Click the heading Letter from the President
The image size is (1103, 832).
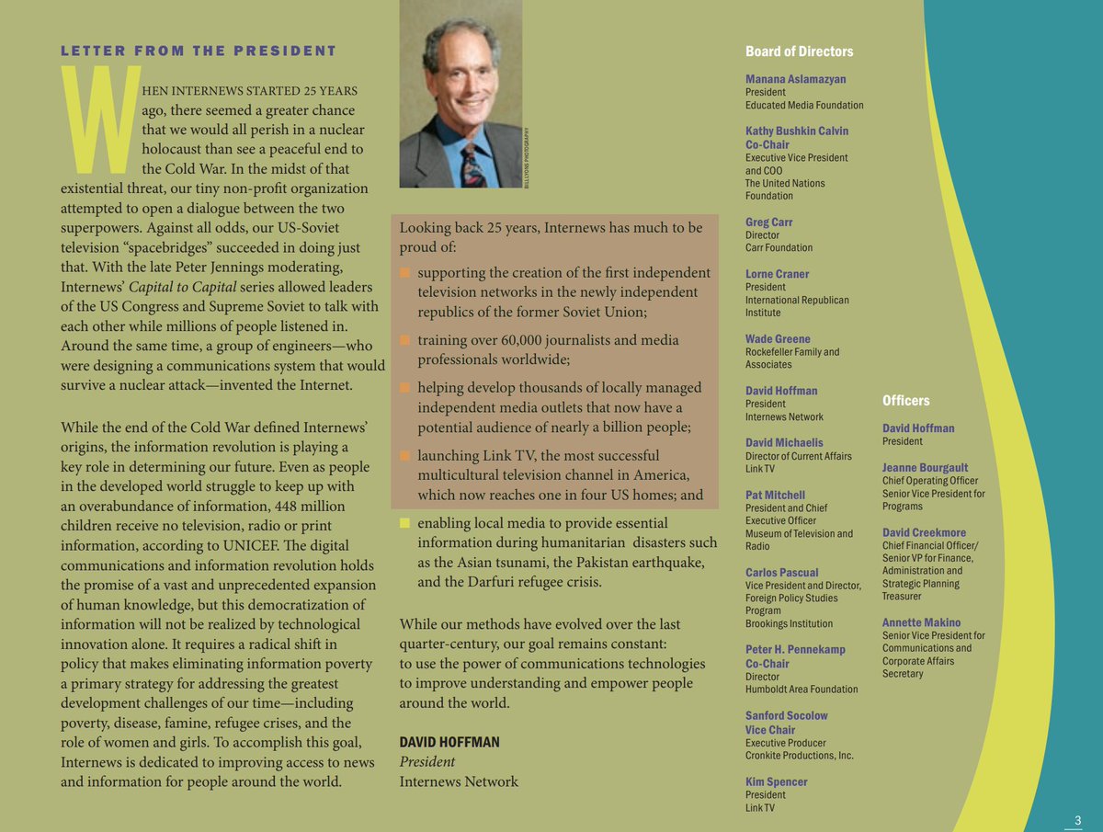point(199,51)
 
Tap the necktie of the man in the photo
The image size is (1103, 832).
point(474,164)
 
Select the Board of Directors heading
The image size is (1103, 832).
point(799,51)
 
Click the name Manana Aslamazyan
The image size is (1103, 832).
point(796,79)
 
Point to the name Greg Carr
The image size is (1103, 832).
point(769,222)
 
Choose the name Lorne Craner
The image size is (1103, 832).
point(778,274)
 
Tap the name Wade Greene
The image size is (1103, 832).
point(778,339)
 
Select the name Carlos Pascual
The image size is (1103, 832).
point(782,573)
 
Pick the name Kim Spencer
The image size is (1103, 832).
point(777,781)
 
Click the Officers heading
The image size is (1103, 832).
point(905,401)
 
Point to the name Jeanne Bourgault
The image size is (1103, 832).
point(925,468)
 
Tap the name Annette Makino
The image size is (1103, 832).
point(921,622)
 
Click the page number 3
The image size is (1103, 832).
point(1078,820)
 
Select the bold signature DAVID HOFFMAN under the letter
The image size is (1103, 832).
point(449,742)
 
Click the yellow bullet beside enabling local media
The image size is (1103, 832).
point(404,524)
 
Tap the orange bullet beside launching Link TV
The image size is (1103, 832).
point(404,456)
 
